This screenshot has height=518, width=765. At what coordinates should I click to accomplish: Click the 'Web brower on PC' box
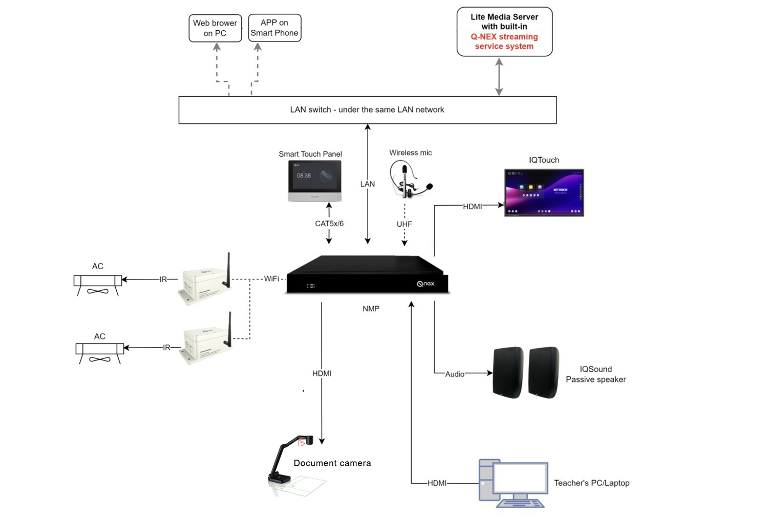tap(215, 28)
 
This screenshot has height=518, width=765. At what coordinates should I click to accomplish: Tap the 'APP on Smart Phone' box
tap(274, 28)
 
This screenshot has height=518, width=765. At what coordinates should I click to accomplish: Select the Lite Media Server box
tap(504, 32)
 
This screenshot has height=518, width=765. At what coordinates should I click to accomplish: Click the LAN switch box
tap(367, 110)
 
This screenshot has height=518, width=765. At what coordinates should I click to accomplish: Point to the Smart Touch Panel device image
tap(314, 181)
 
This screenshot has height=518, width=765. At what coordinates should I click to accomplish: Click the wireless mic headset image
tap(409, 179)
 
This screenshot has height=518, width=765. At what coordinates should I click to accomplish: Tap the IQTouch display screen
tap(544, 192)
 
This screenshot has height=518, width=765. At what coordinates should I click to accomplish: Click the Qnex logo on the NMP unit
tap(426, 284)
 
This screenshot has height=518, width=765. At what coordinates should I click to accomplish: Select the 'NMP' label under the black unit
tap(371, 309)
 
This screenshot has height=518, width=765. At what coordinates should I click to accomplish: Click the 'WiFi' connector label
tap(271, 279)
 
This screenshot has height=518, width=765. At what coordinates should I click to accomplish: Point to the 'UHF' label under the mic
tap(404, 224)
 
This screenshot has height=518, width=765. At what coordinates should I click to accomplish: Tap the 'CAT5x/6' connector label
tap(329, 224)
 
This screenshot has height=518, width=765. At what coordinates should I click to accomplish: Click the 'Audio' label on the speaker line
tap(455, 374)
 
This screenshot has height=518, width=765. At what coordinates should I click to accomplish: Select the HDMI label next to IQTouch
tap(472, 206)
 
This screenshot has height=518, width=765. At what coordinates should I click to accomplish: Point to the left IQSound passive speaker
tap(508, 372)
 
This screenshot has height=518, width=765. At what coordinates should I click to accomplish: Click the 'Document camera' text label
tap(332, 463)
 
